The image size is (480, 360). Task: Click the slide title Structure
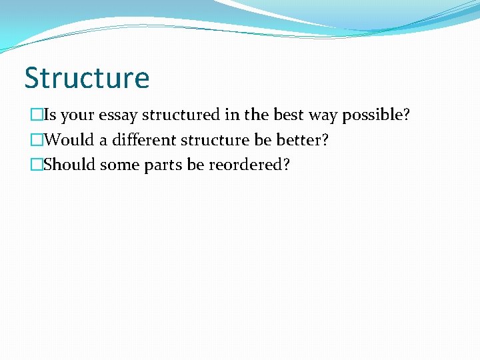tap(87, 78)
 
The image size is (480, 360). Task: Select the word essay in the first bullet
tap(119, 115)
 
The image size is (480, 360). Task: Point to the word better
tap(303, 140)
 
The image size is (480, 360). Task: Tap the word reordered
tap(249, 165)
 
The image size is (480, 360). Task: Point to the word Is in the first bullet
tap(49, 115)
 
